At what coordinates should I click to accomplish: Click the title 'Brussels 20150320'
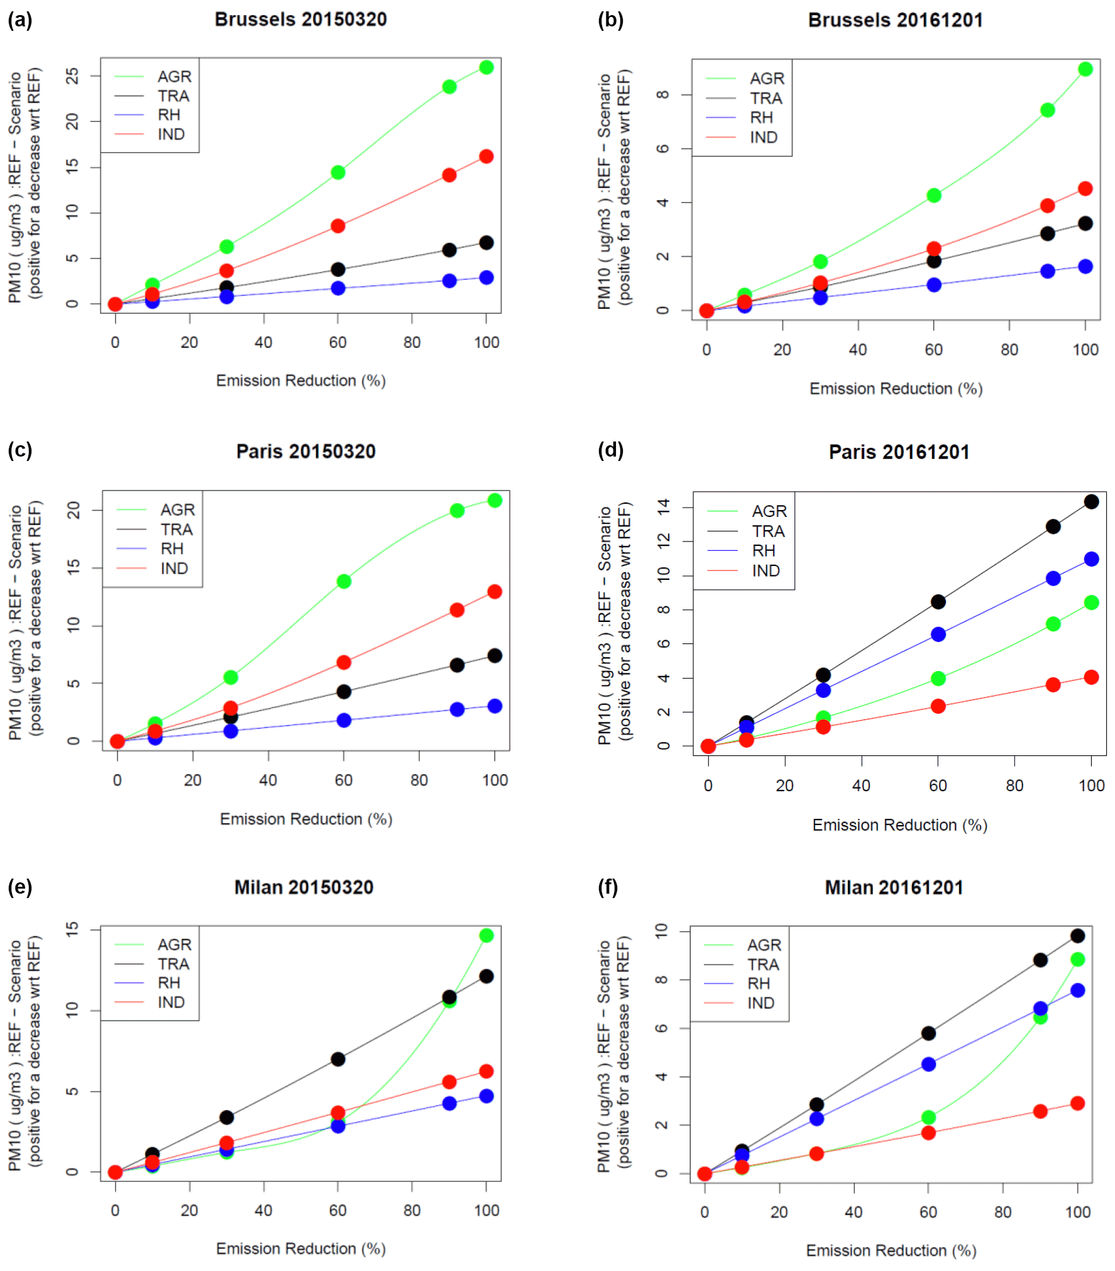click(x=300, y=19)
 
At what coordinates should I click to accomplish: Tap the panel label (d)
click(x=610, y=450)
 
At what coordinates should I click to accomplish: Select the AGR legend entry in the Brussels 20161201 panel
click(x=767, y=79)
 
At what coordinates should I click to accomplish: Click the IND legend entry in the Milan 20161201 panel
click(x=761, y=1003)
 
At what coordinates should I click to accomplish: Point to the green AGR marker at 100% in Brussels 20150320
click(x=486, y=67)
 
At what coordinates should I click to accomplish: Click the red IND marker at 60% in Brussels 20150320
click(x=338, y=226)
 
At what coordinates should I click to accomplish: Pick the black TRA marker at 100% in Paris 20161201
click(x=1091, y=502)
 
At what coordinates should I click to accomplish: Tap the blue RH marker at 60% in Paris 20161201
click(x=938, y=635)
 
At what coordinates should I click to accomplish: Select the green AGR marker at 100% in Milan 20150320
click(x=486, y=936)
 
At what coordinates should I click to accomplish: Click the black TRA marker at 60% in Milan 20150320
click(x=338, y=1059)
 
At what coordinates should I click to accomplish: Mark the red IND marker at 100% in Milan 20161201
click(x=1078, y=1103)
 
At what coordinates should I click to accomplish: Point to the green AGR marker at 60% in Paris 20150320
click(x=344, y=582)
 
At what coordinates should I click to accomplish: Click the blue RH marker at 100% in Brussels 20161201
click(x=1085, y=267)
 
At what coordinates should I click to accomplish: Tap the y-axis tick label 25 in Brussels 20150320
click(x=73, y=75)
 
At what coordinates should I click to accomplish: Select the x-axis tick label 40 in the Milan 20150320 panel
click(x=263, y=1211)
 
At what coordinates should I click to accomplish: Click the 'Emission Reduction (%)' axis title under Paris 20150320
click(x=305, y=819)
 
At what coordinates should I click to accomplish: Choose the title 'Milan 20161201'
click(x=894, y=887)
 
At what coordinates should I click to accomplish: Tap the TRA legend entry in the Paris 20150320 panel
click(x=177, y=530)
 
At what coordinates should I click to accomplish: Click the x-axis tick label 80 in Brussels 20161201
click(x=1009, y=350)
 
